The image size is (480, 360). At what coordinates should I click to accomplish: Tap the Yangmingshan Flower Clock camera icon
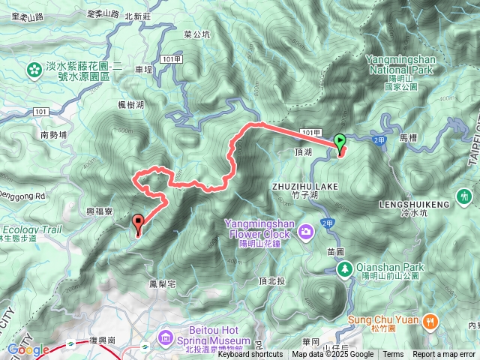pos(306,230)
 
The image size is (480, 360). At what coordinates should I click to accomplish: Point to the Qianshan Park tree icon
pos(345,268)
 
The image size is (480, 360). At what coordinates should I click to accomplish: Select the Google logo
pos(27,349)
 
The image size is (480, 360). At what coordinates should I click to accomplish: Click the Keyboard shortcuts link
pos(250,355)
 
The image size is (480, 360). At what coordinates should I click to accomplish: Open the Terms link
pos(393,355)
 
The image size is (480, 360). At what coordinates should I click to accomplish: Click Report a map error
pos(444,355)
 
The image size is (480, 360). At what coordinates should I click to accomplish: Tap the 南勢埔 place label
pos(54,135)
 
